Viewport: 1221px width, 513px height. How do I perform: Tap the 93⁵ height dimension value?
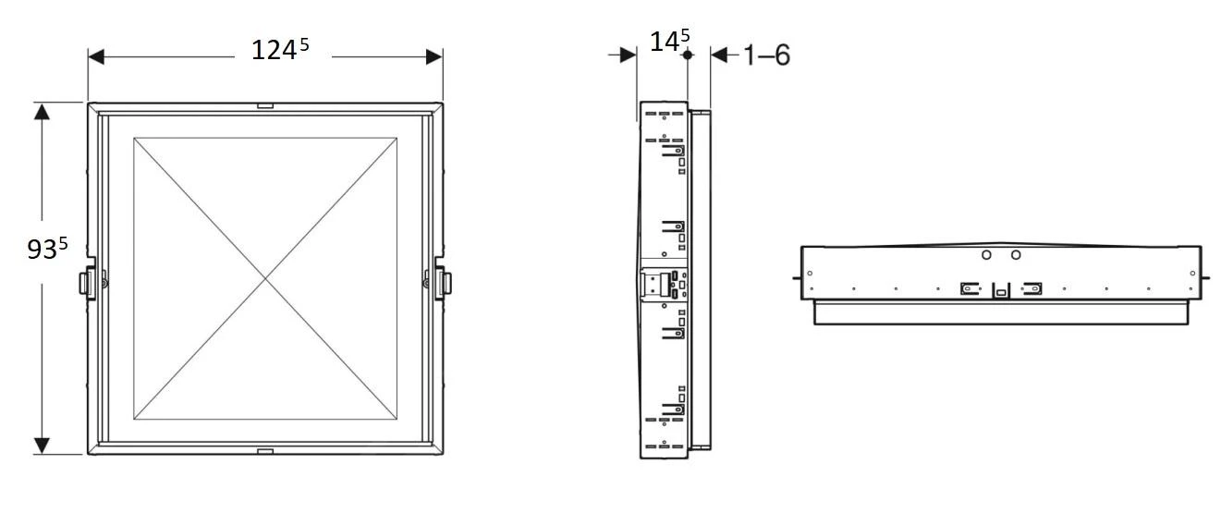click(x=47, y=250)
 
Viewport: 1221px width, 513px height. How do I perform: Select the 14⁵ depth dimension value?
click(x=669, y=42)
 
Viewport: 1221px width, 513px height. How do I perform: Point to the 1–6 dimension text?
click(x=766, y=55)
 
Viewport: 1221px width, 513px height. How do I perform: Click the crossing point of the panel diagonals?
click(x=265, y=278)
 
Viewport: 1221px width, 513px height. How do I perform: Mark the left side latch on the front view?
click(x=89, y=281)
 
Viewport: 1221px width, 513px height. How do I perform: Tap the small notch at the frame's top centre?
click(x=265, y=106)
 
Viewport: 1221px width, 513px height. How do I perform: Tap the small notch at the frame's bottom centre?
click(x=265, y=451)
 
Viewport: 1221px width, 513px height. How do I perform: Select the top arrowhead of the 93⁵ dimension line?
click(x=42, y=111)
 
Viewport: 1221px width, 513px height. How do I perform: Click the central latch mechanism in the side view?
click(x=664, y=284)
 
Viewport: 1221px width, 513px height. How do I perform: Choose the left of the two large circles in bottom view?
click(x=986, y=254)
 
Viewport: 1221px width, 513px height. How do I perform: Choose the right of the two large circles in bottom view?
click(x=1016, y=254)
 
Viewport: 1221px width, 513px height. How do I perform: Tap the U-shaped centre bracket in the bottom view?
click(x=1000, y=290)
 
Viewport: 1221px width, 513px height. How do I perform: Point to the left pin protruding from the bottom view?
click(x=796, y=275)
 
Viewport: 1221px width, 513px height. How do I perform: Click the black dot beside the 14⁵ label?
click(x=687, y=55)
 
